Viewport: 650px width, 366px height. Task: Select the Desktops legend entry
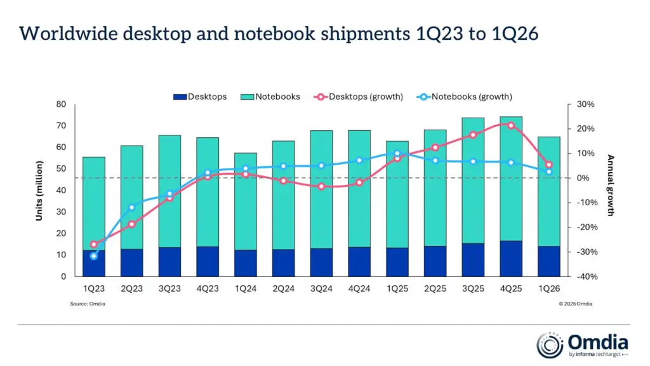click(199, 97)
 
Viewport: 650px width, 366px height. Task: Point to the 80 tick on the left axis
click(61, 104)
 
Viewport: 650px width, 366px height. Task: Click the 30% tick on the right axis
click(585, 104)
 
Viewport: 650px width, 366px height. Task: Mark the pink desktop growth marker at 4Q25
click(511, 125)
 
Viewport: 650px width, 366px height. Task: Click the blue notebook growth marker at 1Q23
click(94, 256)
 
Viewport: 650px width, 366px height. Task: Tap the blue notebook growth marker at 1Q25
click(397, 153)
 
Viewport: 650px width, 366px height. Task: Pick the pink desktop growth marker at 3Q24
click(321, 186)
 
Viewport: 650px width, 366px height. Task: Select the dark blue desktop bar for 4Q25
click(511, 259)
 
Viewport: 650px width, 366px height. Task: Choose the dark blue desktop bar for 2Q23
click(131, 262)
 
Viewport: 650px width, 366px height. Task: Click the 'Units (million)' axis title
click(39, 191)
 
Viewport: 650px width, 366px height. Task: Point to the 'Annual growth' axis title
click(610, 185)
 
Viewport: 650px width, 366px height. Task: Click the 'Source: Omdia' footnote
click(88, 304)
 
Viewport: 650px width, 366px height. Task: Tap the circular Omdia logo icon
click(550, 344)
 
